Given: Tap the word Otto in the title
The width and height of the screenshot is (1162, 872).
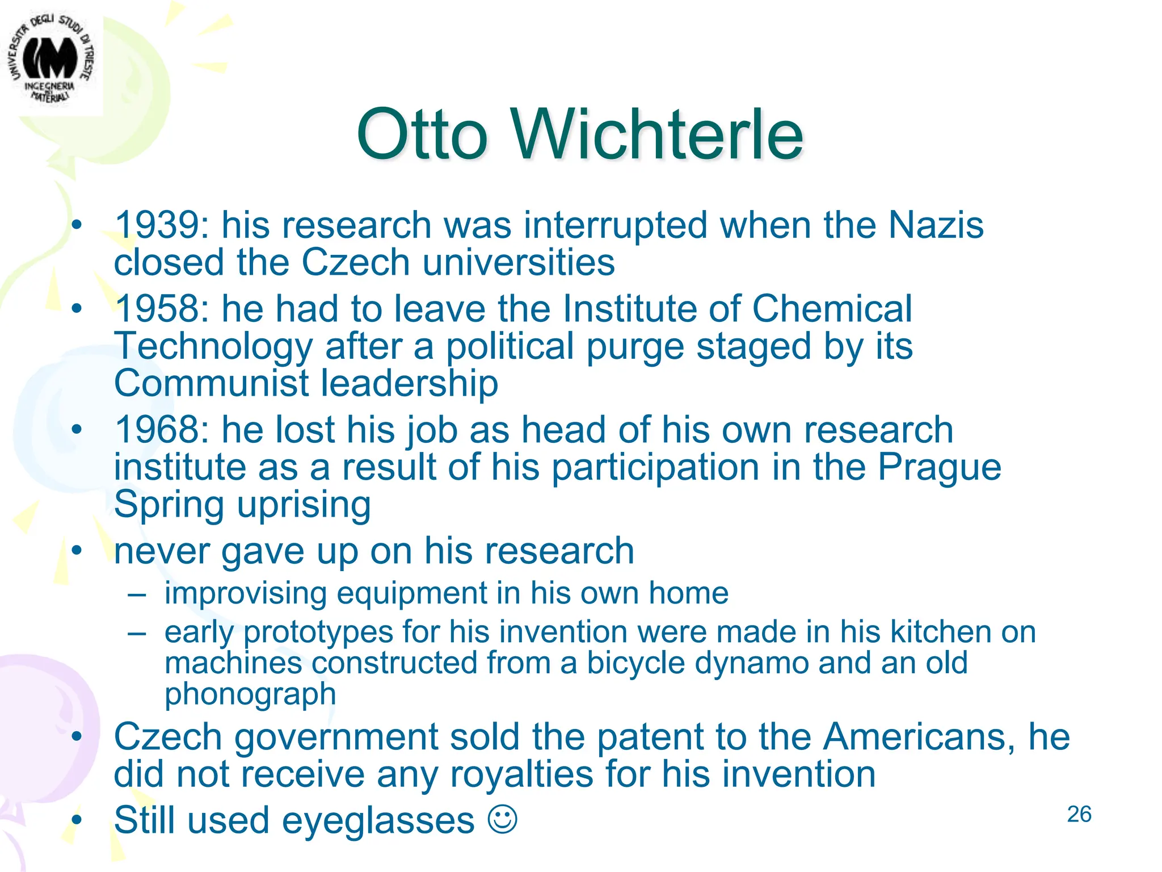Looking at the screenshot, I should pyautogui.click(x=422, y=135).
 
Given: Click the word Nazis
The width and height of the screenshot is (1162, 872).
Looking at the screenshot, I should pyautogui.click(x=936, y=225).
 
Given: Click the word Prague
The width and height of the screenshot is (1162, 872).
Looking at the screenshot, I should pyautogui.click(x=940, y=468).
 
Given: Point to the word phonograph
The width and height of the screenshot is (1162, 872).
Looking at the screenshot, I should pyautogui.click(x=250, y=694).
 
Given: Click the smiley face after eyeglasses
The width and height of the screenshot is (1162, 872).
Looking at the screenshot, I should pyautogui.click(x=503, y=819).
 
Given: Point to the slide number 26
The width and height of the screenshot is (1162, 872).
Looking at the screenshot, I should pyautogui.click(x=1079, y=814).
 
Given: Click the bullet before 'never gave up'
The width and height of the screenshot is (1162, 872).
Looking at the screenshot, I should pyautogui.click(x=77, y=550).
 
